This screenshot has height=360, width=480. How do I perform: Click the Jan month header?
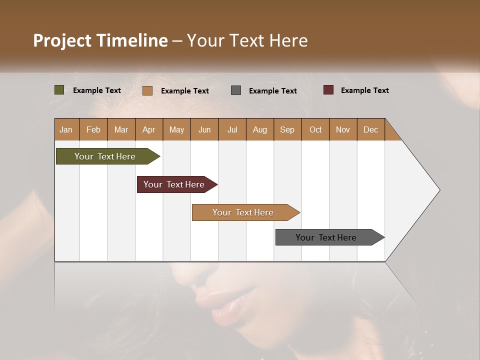[x=66, y=130]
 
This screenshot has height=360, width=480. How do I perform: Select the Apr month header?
[x=148, y=130]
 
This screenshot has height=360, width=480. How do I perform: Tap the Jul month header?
[x=232, y=130]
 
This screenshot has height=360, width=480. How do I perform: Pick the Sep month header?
[x=287, y=130]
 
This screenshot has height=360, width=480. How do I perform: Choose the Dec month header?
[x=370, y=130]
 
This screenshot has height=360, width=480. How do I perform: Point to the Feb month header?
[x=93, y=130]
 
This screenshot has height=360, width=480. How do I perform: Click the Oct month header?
[x=315, y=130]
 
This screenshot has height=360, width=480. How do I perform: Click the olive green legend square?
[x=59, y=90]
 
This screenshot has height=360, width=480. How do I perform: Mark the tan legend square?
[x=147, y=90]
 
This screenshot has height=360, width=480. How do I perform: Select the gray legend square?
[x=236, y=90]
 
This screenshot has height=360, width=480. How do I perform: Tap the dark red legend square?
[x=328, y=90]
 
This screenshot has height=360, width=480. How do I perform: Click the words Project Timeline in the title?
[x=100, y=40]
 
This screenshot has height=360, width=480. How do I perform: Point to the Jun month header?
[x=204, y=130]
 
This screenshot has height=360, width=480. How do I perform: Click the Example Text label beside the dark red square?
[x=364, y=90]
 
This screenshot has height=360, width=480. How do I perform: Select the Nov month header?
[x=342, y=130]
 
